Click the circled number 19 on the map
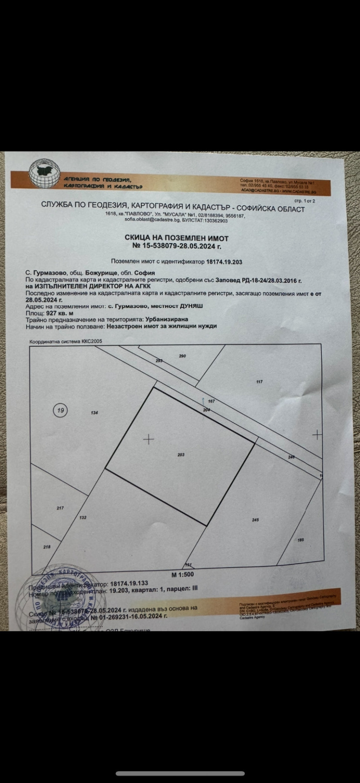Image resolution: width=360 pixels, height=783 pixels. [x=60, y=410]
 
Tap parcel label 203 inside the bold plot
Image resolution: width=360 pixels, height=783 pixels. [x=181, y=455]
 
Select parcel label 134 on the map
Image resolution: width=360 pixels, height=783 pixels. [x=94, y=412]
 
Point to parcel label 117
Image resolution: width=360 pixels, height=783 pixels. [x=259, y=382]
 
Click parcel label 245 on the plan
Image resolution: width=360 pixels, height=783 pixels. [x=256, y=520]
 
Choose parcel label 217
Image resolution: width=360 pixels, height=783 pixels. [x=60, y=508]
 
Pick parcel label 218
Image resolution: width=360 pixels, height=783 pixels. [x=47, y=547]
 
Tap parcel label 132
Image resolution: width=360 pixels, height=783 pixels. [x=83, y=518]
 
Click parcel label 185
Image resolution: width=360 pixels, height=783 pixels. [x=301, y=539]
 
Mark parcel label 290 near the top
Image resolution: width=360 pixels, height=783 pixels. [x=182, y=356]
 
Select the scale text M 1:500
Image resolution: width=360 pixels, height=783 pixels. [x=182, y=575]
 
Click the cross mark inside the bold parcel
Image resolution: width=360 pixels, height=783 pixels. [x=148, y=439]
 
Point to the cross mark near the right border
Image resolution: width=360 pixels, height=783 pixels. [x=317, y=434]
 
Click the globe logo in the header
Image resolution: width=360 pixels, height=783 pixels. [x=44, y=174]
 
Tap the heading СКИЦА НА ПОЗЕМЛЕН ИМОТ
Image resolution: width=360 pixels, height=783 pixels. [x=176, y=238]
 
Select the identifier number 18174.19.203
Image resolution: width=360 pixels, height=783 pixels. [x=224, y=261]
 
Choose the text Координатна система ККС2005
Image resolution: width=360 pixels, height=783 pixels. [x=66, y=341]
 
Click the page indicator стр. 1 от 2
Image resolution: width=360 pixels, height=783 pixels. [x=304, y=201]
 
